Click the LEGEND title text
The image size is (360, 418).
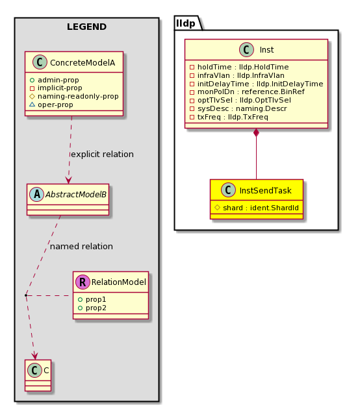point(86,27)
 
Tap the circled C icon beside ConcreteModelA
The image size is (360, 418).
point(40,62)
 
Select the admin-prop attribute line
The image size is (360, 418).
point(54,80)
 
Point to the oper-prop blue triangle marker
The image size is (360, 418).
point(32,104)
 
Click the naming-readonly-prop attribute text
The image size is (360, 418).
point(78,96)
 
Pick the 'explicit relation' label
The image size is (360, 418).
point(102,154)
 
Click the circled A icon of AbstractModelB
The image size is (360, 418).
point(36,194)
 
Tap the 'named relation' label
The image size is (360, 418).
point(81,247)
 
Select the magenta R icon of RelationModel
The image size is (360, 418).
point(83,282)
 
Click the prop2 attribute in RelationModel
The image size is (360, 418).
point(92,308)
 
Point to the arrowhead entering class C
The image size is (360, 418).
point(34,356)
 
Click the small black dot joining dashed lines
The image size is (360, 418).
point(25,295)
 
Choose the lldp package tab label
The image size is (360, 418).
point(186,23)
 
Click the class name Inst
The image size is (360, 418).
point(266,50)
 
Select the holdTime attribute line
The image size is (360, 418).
point(239,67)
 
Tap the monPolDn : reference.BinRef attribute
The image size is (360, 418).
point(247,92)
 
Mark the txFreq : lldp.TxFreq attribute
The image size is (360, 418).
point(229,117)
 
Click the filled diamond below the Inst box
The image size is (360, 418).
point(256,132)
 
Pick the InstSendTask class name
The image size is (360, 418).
point(265,191)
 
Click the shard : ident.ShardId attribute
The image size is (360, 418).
point(257,208)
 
